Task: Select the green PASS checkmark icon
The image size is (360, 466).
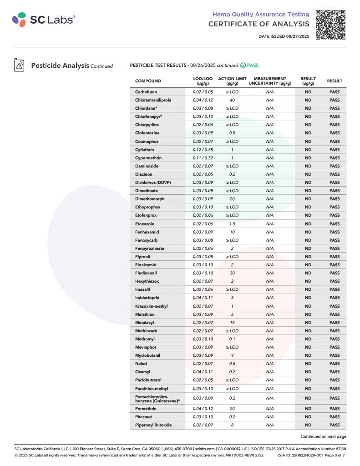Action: (243, 66)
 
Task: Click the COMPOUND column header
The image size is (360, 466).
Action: (148, 81)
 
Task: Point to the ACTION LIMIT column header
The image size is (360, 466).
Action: (232, 81)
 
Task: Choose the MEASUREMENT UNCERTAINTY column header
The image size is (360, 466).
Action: (270, 81)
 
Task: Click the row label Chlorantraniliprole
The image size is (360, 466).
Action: (153, 100)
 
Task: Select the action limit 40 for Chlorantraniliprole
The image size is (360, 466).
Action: (232, 100)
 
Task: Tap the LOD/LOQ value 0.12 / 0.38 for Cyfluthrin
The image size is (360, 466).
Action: (203, 150)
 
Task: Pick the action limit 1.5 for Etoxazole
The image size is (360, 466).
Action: (232, 224)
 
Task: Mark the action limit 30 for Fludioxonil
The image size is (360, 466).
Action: (232, 273)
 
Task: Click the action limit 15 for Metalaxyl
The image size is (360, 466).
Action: (232, 323)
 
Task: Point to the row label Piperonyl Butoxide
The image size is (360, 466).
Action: (153, 425)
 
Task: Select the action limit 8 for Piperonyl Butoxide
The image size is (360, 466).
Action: (232, 425)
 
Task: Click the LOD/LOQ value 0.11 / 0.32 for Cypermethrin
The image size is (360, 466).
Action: (203, 158)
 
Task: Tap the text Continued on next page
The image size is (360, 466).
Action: (323, 436)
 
